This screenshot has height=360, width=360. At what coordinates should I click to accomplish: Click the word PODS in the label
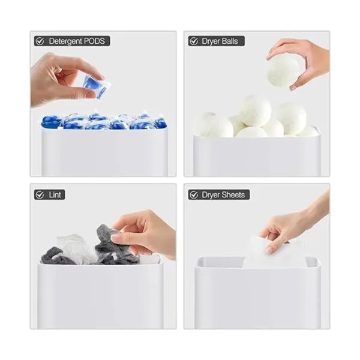pyautogui.click(x=94, y=41)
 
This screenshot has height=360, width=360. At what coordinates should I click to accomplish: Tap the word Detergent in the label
pyautogui.click(x=65, y=41)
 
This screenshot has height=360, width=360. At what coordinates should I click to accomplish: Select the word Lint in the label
pyautogui.click(x=55, y=195)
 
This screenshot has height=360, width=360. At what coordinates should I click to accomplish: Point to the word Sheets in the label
pyautogui.click(x=233, y=195)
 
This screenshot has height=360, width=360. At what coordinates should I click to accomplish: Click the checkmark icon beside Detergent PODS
pyautogui.click(x=40, y=41)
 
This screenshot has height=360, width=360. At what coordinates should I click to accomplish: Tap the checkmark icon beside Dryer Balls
pyautogui.click(x=194, y=41)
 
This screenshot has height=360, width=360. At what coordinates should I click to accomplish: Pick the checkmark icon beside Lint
pyautogui.click(x=40, y=195)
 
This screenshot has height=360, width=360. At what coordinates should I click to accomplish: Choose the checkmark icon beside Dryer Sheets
pyautogui.click(x=194, y=195)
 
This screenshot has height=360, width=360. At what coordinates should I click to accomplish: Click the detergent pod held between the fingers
pyautogui.click(x=97, y=86)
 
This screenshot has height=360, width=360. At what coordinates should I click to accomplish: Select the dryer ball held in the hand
pyautogui.click(x=283, y=71)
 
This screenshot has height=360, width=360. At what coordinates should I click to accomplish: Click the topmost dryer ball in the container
pyautogui.click(x=255, y=110)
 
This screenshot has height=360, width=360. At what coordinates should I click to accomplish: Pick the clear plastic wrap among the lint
pyautogui.click(x=73, y=247)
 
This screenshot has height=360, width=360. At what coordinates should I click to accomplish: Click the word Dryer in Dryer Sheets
pyautogui.click(x=211, y=195)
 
